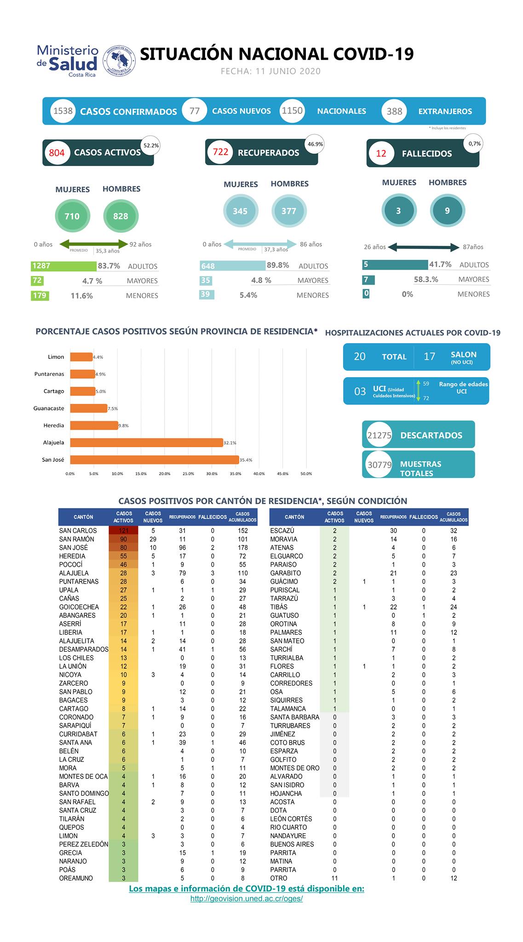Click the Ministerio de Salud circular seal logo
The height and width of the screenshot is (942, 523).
click(x=119, y=60)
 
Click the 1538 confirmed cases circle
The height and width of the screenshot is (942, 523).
click(x=63, y=111)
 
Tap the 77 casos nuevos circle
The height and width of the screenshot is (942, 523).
click(x=195, y=111)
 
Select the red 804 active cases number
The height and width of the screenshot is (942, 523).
click(x=57, y=153)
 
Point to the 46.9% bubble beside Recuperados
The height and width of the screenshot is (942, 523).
click(x=315, y=144)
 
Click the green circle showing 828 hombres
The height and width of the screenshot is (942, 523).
click(x=121, y=216)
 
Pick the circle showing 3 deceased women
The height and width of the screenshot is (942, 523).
click(x=399, y=211)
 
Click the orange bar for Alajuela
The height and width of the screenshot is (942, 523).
click(x=146, y=442)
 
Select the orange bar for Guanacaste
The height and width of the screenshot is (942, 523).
click(x=88, y=408)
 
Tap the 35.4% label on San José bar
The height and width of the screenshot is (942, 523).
click(x=247, y=460)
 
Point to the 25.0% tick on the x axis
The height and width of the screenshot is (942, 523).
click(x=188, y=474)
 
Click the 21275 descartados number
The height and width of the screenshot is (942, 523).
click(x=379, y=435)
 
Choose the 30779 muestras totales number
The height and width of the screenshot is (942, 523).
click(x=379, y=465)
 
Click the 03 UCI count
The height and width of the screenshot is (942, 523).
click(x=360, y=391)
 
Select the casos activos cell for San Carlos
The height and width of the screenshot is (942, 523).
click(x=123, y=530)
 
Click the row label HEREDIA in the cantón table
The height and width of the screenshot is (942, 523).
click(x=73, y=556)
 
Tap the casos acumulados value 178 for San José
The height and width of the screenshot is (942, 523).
click(x=242, y=547)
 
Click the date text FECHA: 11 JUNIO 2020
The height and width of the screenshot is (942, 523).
click(x=270, y=71)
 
